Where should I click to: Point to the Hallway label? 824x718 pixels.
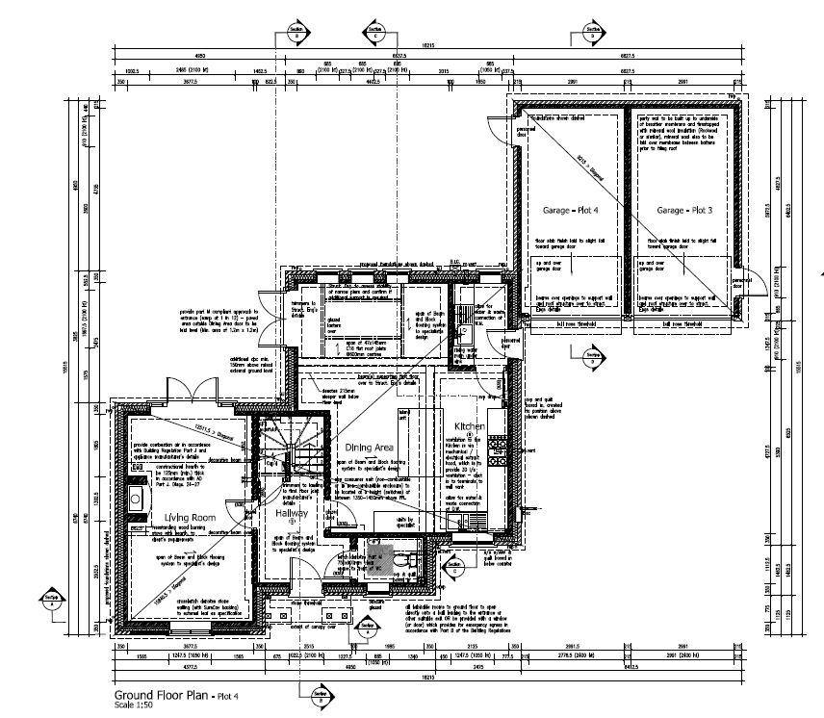tap(291, 514)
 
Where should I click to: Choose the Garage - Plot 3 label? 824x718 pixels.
tap(684, 210)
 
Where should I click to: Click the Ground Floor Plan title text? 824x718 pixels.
tap(163, 695)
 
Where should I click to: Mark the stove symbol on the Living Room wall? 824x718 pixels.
tap(135, 499)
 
